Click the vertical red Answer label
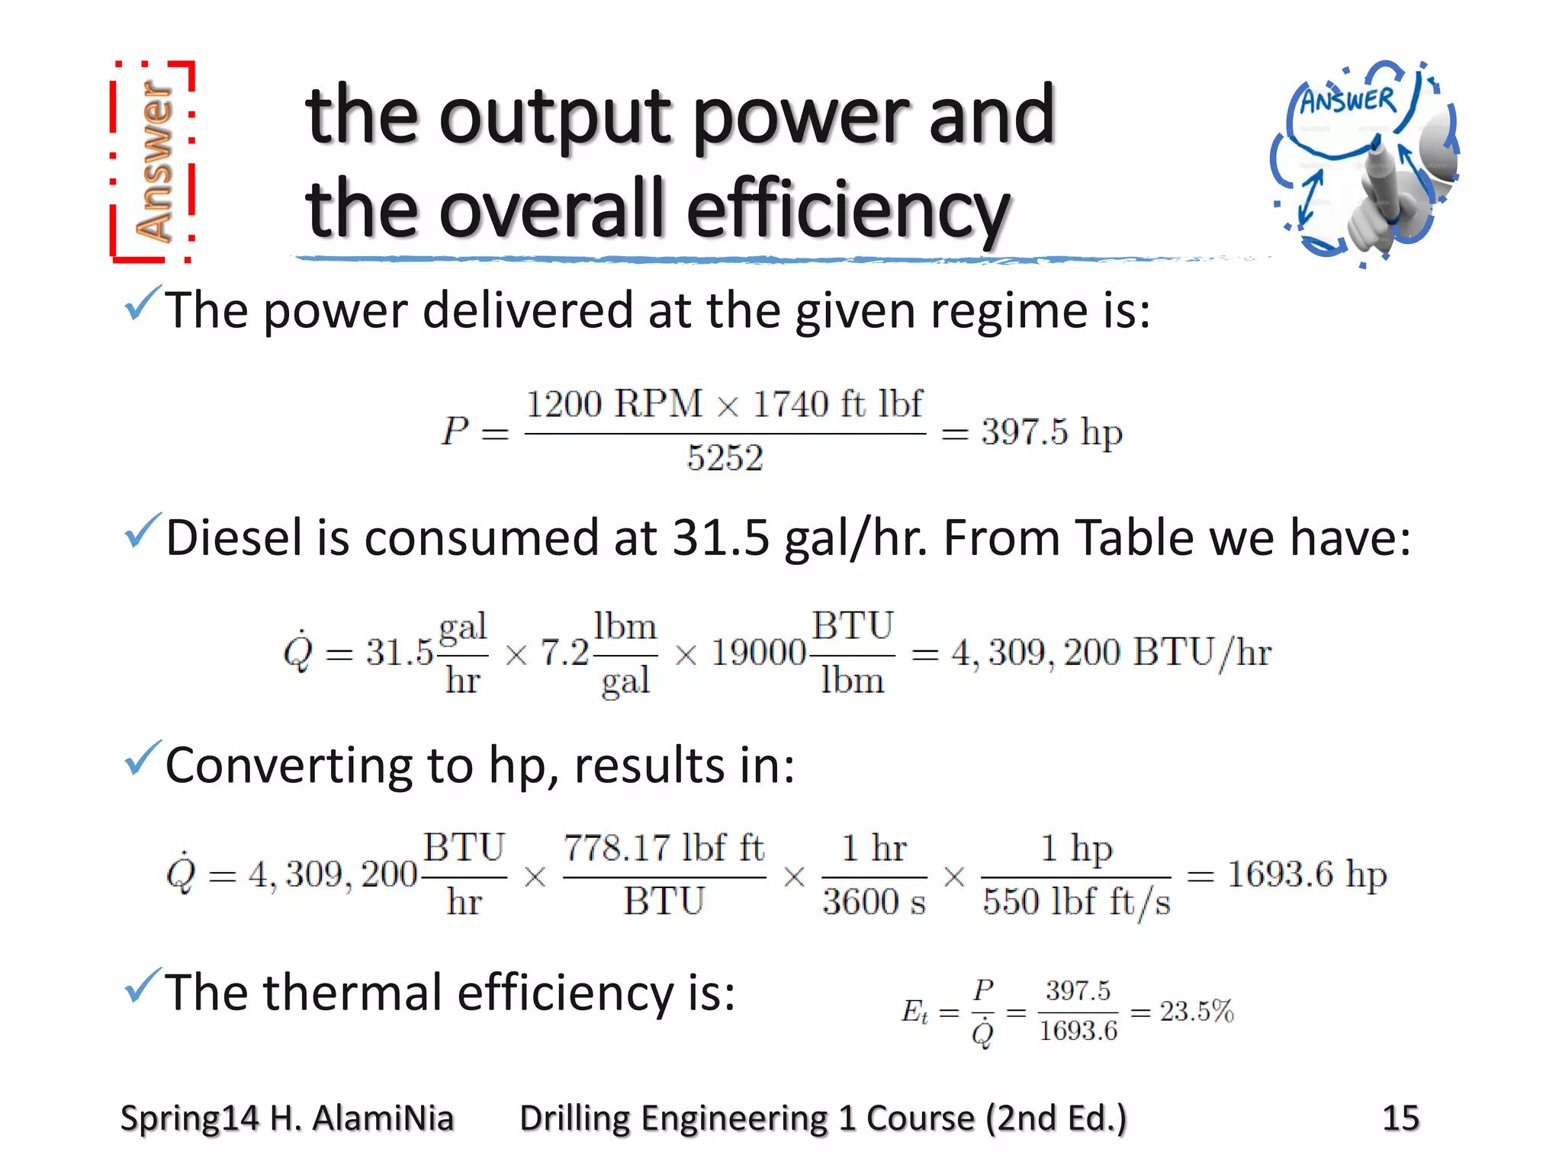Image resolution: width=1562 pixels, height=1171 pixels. [x=153, y=162]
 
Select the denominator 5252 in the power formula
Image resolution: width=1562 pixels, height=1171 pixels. [x=725, y=458]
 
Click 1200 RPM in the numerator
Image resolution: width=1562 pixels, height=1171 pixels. [x=614, y=403]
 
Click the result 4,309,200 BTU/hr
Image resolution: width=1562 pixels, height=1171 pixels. [x=1110, y=653]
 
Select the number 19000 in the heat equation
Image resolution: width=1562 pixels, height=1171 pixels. [x=758, y=653]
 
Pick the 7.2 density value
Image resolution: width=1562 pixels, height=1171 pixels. [x=564, y=653]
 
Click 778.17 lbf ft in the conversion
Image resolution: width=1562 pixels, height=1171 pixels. [x=664, y=848]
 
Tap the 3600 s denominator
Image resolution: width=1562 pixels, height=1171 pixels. [x=873, y=902]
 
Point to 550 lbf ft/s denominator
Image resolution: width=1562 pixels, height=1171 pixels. [x=1075, y=902]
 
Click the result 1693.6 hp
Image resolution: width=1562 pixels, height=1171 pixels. [x=1306, y=874]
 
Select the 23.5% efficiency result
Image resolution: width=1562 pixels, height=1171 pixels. [x=1196, y=1012]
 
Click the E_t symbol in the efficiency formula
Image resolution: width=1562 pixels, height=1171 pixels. [x=914, y=1012]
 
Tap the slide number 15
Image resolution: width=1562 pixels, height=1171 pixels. [x=1400, y=1118]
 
